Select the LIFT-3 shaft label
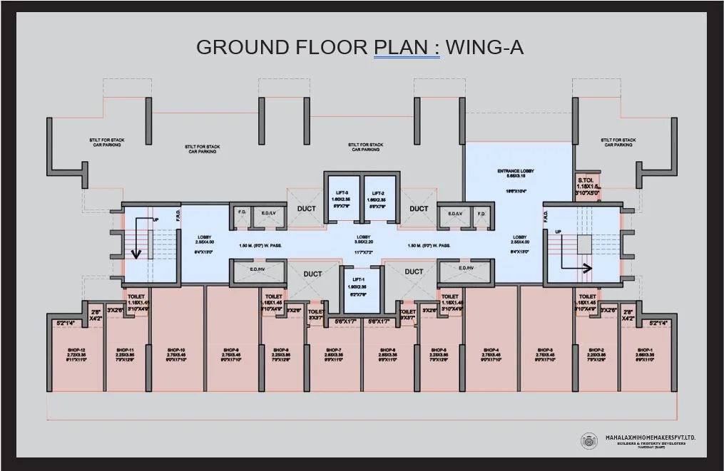click(342, 192)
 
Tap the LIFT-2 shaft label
click(378, 192)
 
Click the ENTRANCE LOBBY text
click(516, 171)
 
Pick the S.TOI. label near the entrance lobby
click(586, 180)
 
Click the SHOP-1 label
click(646, 350)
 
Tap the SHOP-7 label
click(333, 350)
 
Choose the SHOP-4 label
click(491, 350)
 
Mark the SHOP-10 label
click(176, 350)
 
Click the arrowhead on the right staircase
click(588, 269)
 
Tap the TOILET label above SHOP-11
click(136, 296)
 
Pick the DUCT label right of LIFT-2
click(419, 209)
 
